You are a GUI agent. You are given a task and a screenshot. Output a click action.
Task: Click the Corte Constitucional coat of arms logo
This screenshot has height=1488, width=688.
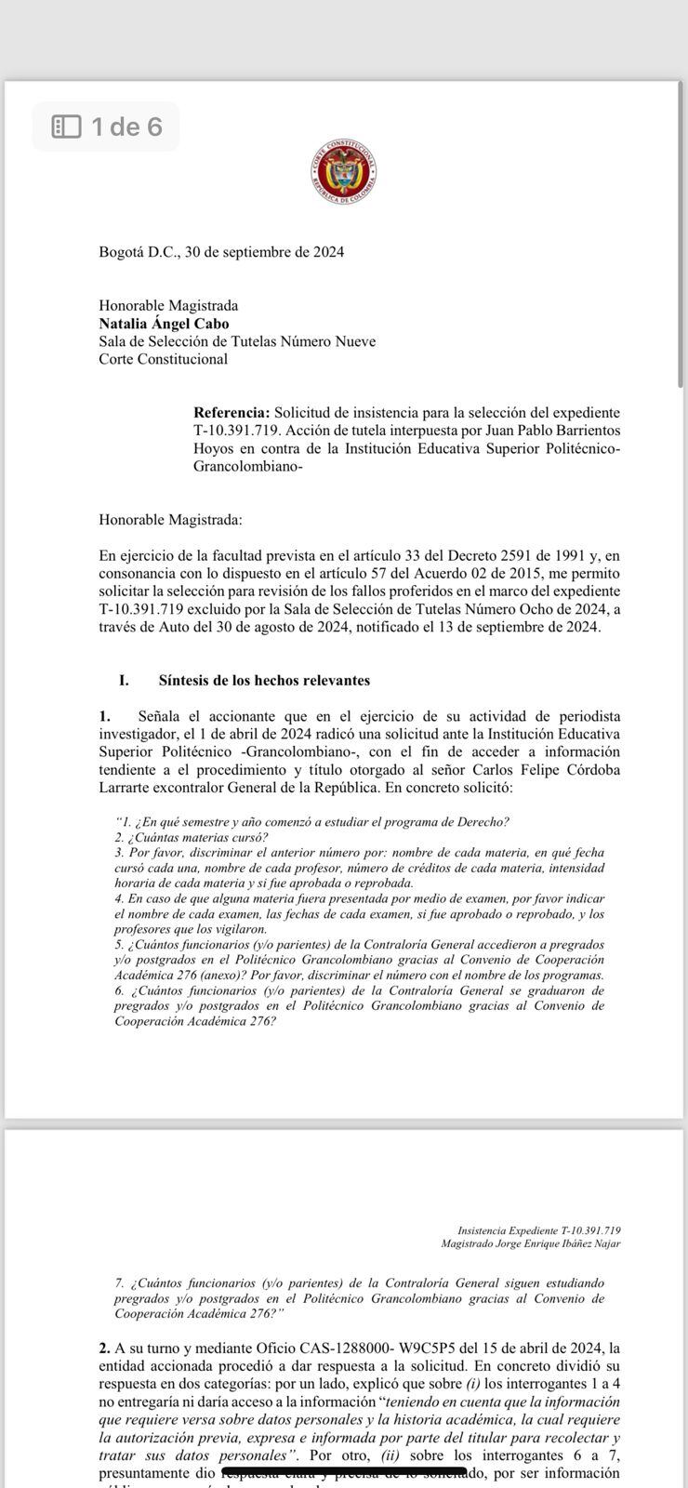[x=344, y=175]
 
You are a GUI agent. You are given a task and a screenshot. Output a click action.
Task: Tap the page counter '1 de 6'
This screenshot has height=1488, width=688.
[x=126, y=126]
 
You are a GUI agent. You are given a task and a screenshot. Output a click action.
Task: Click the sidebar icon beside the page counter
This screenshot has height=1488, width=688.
[x=66, y=126]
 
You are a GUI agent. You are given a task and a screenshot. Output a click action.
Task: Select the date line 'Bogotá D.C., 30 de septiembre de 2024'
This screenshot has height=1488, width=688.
[x=221, y=252]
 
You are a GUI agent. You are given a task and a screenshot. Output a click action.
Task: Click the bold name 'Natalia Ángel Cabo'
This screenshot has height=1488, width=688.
[x=164, y=324]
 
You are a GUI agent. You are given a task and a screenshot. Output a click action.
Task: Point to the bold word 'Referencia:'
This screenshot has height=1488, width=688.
[x=232, y=412]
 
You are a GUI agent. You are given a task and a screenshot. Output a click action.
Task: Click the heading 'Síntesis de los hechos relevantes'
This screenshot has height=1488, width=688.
[x=264, y=680]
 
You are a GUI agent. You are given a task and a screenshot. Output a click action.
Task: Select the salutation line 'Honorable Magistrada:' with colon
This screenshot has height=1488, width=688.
[x=170, y=520]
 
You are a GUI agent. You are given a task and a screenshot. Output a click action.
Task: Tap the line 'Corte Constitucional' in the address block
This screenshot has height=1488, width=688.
[x=163, y=359]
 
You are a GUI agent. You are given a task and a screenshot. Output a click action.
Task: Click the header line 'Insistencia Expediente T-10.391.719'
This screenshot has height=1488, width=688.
[x=539, y=1230]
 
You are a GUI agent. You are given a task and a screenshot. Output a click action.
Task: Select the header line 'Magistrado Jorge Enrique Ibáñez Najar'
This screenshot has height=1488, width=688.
[x=531, y=1243]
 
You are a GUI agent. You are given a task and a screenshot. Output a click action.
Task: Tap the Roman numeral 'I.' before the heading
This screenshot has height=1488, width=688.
[x=124, y=680]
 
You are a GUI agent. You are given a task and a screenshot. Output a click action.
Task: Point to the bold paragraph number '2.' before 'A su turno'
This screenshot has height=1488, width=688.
[x=104, y=1348]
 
